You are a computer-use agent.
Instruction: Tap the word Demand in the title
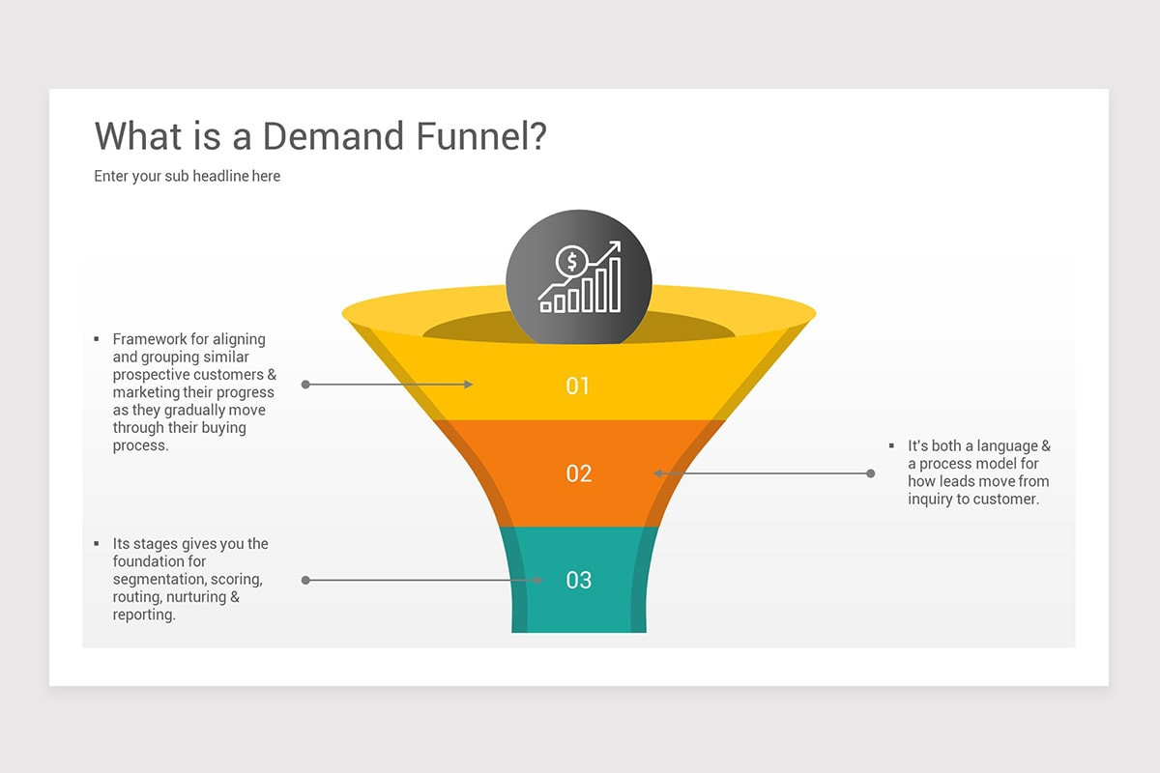click(x=333, y=136)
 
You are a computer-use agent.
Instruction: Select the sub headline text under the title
click(x=187, y=176)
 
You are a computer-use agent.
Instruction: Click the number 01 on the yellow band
click(x=578, y=386)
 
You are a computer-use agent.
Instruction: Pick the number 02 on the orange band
click(x=578, y=473)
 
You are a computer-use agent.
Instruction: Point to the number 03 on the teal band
click(x=578, y=580)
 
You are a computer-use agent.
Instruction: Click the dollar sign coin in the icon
click(x=572, y=261)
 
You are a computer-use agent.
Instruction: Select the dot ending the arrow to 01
click(x=305, y=385)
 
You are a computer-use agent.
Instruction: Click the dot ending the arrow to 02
click(x=870, y=473)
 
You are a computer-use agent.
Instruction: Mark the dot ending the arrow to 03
click(x=305, y=580)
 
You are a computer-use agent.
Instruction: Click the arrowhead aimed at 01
click(x=468, y=385)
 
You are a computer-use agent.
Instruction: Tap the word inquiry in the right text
click(x=930, y=500)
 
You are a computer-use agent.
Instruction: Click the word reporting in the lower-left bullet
click(x=144, y=615)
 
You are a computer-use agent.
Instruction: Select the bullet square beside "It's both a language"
click(x=891, y=445)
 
